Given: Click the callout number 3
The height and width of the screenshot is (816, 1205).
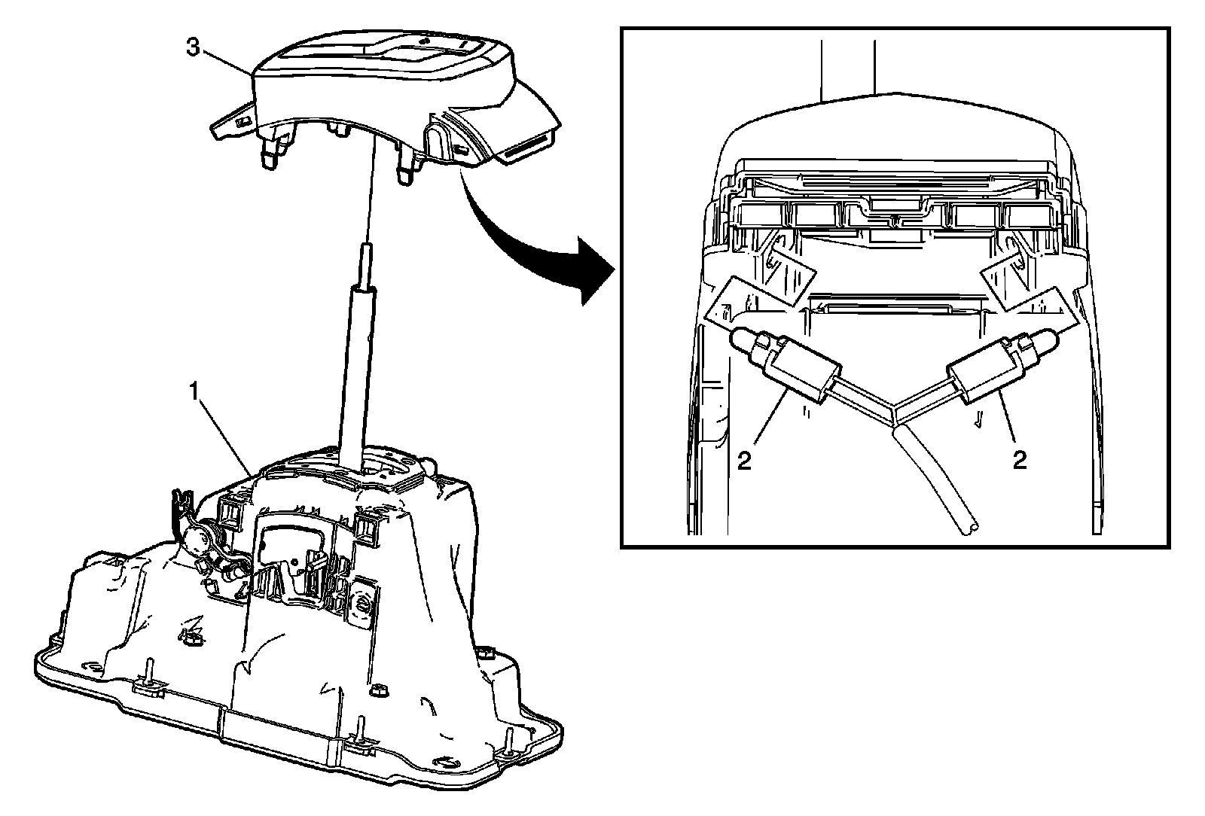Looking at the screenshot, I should click(x=194, y=47).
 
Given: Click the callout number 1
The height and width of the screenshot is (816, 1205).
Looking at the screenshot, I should click(x=194, y=391).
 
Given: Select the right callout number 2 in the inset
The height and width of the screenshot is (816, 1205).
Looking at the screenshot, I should click(x=1020, y=459).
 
